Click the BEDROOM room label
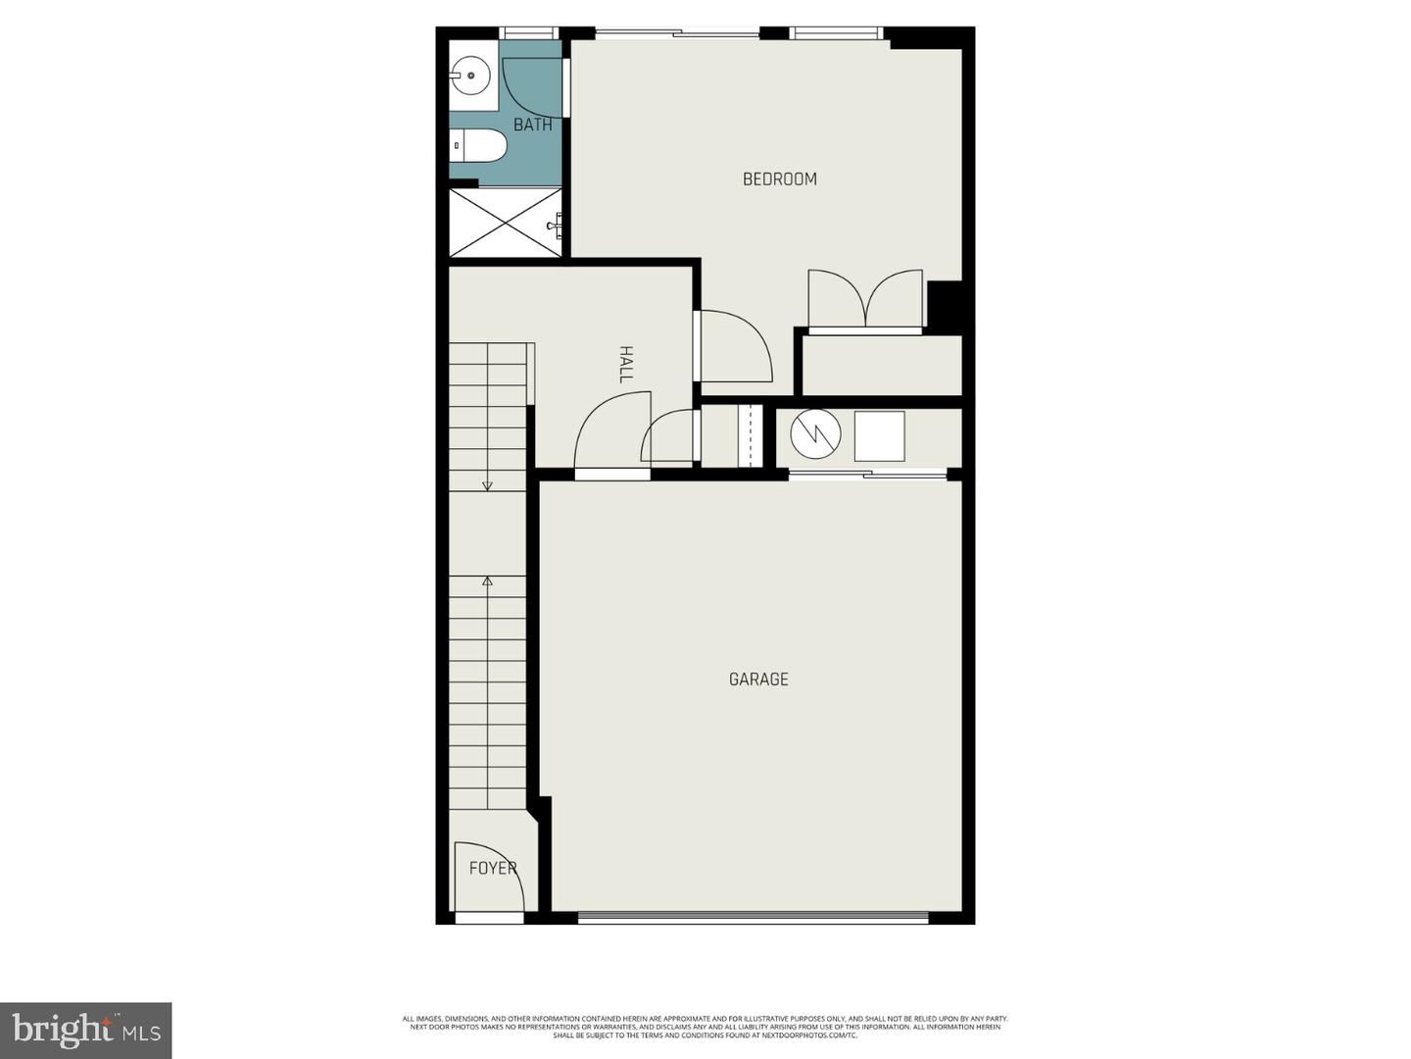779,178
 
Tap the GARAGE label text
758,679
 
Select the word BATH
532,125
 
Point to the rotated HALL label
626,363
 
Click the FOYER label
492,868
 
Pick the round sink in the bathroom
471,74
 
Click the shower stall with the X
505,224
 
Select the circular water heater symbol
815,434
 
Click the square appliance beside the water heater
879,436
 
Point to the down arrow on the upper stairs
487,484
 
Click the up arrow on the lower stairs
487,580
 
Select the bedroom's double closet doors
865,299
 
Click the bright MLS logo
86,1030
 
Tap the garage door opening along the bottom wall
753,918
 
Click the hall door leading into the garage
612,436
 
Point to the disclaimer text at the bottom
705,1027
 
